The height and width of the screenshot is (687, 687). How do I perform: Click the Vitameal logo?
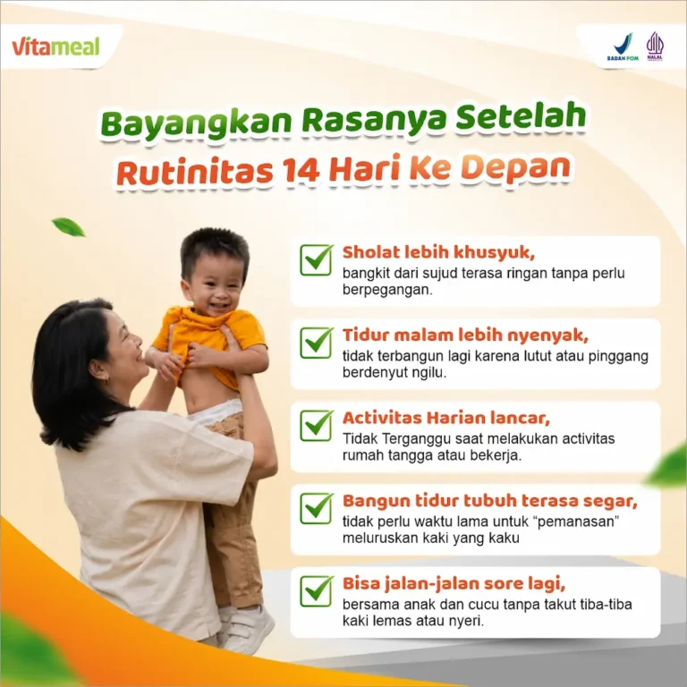[55, 47]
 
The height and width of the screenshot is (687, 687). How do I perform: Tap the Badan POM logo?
[623, 47]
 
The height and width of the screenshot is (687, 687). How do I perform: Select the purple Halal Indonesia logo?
[655, 46]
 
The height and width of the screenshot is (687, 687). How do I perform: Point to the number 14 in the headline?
[301, 170]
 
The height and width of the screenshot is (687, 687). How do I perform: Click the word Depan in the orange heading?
[515, 168]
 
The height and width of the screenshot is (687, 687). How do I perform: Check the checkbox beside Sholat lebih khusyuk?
[316, 259]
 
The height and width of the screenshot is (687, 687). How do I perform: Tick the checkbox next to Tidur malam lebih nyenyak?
[316, 343]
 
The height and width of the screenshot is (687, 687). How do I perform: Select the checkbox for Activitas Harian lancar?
[316, 426]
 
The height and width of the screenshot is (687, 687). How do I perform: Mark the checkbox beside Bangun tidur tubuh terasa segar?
[316, 508]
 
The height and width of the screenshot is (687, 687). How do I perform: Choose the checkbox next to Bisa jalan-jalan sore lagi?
[316, 591]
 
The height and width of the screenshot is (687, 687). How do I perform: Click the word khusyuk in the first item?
[494, 253]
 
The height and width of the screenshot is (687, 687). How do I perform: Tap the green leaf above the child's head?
[69, 227]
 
